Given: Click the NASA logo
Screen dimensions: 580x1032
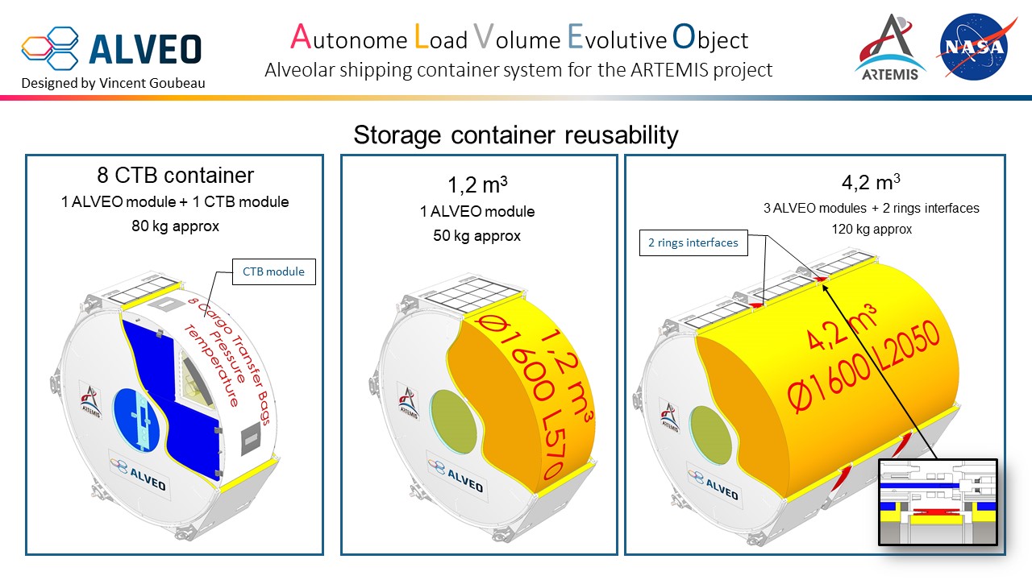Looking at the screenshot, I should (973, 46).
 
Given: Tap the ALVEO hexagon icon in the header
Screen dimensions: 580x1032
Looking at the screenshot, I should (50, 48).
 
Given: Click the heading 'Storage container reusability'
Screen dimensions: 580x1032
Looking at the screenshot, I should (516, 135).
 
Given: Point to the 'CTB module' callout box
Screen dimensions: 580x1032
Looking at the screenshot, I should (273, 271).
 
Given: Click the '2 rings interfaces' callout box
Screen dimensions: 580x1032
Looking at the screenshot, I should (693, 242).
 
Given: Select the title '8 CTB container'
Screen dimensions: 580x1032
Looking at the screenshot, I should (175, 176).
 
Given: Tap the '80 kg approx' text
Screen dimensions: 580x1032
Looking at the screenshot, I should (175, 226).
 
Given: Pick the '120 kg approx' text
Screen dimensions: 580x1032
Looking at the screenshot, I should (872, 229).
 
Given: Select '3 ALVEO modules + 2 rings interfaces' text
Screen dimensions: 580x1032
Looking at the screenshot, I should (872, 208).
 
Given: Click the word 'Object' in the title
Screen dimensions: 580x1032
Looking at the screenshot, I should (710, 39).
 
